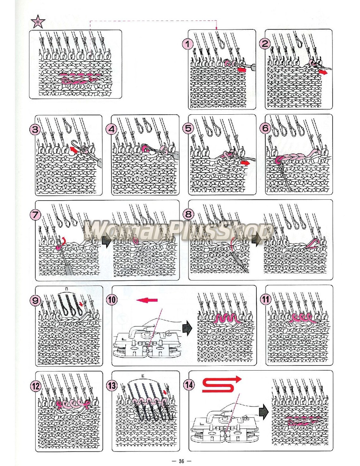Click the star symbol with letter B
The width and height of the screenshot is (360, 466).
pos(38,22)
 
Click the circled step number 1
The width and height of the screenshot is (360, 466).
pos(188,44)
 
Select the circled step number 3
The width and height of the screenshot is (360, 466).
pos(35,129)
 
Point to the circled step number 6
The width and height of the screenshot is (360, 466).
pos(265,128)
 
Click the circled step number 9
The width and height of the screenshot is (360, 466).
pos(35,300)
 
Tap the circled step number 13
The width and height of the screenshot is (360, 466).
pos(112,385)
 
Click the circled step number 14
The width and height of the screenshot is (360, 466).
pos(189,385)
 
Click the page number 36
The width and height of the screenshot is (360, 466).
pos(181,461)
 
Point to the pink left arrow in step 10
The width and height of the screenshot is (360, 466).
pos(147,300)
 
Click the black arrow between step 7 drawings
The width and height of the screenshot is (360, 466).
pos(106,242)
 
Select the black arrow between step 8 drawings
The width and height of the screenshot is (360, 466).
pos(256,240)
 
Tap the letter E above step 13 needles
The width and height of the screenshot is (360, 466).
pos(143,376)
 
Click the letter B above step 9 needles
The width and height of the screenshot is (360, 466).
pos(66,289)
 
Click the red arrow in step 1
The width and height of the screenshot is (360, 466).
pos(242,69)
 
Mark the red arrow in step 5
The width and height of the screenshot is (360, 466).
pos(245,163)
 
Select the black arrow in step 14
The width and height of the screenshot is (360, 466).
pos(263,412)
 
